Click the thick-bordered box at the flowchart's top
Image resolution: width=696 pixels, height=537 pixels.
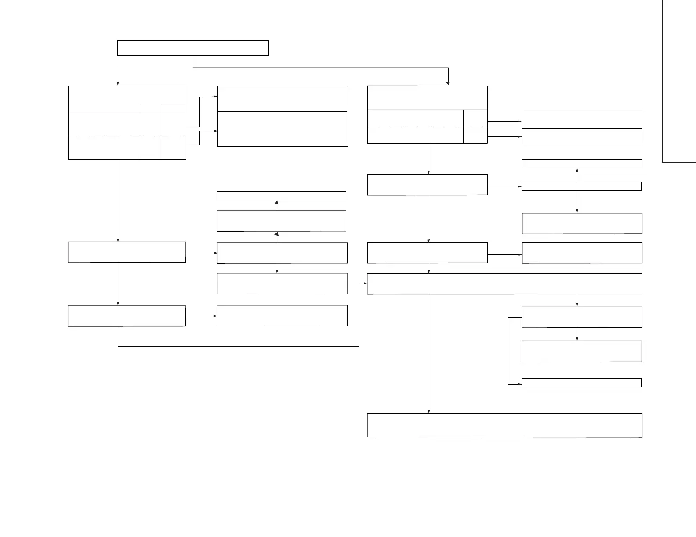click(x=192, y=48)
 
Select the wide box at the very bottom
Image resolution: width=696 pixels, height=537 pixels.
click(x=504, y=425)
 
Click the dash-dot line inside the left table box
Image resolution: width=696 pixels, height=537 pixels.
click(x=104, y=136)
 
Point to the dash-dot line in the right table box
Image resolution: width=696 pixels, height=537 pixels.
click(x=415, y=128)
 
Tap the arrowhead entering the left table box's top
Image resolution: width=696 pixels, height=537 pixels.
click(x=118, y=83)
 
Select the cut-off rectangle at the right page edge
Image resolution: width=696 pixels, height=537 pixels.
click(x=679, y=81)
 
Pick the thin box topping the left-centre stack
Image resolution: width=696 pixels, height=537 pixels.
click(x=281, y=196)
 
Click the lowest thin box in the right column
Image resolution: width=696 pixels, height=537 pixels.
click(x=581, y=383)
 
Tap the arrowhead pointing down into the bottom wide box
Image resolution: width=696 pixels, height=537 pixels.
click(x=429, y=411)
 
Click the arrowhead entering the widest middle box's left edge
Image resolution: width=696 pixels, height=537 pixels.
click(x=365, y=283)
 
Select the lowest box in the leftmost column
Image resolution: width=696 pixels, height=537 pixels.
click(x=127, y=316)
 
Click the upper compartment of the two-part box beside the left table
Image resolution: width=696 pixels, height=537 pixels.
click(x=283, y=99)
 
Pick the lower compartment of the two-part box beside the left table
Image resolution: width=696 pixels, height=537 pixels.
click(x=283, y=129)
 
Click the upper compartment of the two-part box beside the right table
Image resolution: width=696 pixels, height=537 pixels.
click(x=582, y=119)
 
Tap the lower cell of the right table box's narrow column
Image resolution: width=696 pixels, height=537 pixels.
click(x=475, y=136)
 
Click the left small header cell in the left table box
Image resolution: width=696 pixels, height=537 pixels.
click(x=150, y=109)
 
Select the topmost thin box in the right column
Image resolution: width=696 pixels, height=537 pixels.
click(x=581, y=164)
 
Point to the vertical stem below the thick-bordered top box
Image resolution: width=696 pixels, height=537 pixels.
click(x=193, y=62)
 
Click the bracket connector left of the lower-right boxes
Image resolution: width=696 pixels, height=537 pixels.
click(x=508, y=351)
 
